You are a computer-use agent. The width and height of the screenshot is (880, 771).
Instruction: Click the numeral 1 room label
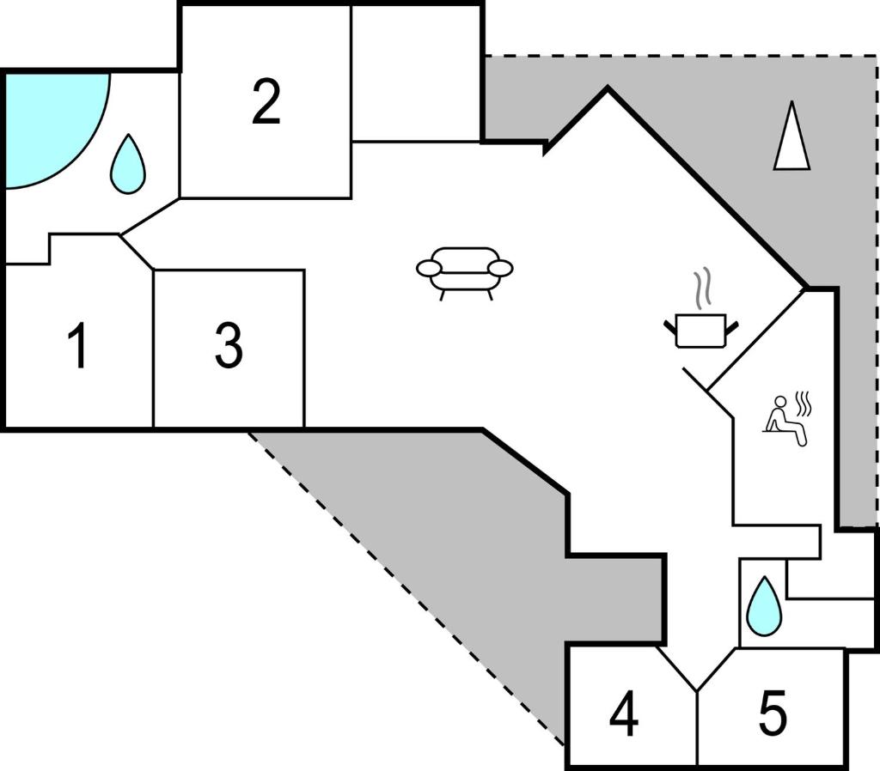click(x=78, y=345)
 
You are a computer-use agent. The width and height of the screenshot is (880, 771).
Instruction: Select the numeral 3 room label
click(x=229, y=345)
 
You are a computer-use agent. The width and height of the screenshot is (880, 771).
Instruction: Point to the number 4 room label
click(x=624, y=713)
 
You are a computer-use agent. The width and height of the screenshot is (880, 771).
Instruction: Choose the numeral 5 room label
click(x=773, y=713)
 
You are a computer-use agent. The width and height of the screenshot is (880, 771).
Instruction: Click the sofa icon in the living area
click(x=465, y=273)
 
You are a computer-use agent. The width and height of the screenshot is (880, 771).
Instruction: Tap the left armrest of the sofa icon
click(x=430, y=269)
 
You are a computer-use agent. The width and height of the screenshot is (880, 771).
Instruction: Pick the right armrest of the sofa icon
click(x=500, y=269)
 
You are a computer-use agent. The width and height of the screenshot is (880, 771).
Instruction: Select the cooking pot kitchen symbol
click(x=701, y=331)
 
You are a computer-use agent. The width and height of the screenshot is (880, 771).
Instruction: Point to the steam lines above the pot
click(x=702, y=288)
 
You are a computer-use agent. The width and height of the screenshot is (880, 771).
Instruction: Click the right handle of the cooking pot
click(x=732, y=327)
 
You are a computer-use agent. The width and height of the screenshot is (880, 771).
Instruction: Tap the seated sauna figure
click(x=785, y=422)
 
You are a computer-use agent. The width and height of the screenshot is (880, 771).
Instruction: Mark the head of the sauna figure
click(x=780, y=402)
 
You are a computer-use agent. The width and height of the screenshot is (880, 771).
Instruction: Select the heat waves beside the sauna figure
click(x=804, y=404)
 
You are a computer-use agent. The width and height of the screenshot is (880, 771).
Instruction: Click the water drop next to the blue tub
click(x=128, y=164)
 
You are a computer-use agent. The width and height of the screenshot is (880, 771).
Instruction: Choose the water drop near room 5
click(x=764, y=606)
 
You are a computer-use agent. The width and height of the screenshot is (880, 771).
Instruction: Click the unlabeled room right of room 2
click(x=416, y=74)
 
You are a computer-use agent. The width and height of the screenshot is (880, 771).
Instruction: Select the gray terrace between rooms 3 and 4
click(x=477, y=538)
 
